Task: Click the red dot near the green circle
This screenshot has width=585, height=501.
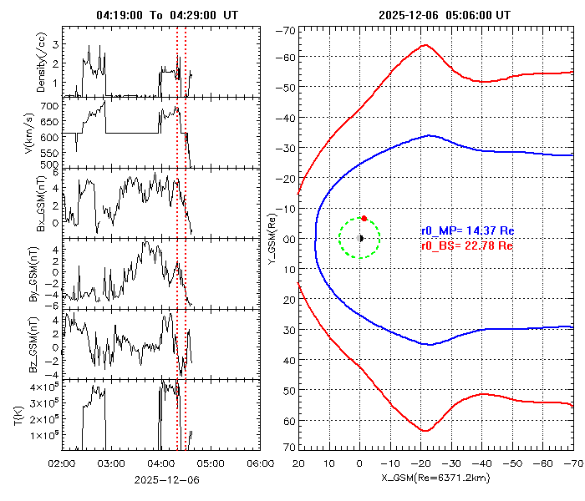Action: [364, 218]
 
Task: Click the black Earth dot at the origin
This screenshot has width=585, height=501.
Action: [360, 238]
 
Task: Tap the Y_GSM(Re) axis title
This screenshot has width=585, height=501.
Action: [272, 239]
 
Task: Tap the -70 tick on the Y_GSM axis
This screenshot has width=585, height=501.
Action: [285, 31]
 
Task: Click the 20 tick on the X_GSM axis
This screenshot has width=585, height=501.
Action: [299, 461]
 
